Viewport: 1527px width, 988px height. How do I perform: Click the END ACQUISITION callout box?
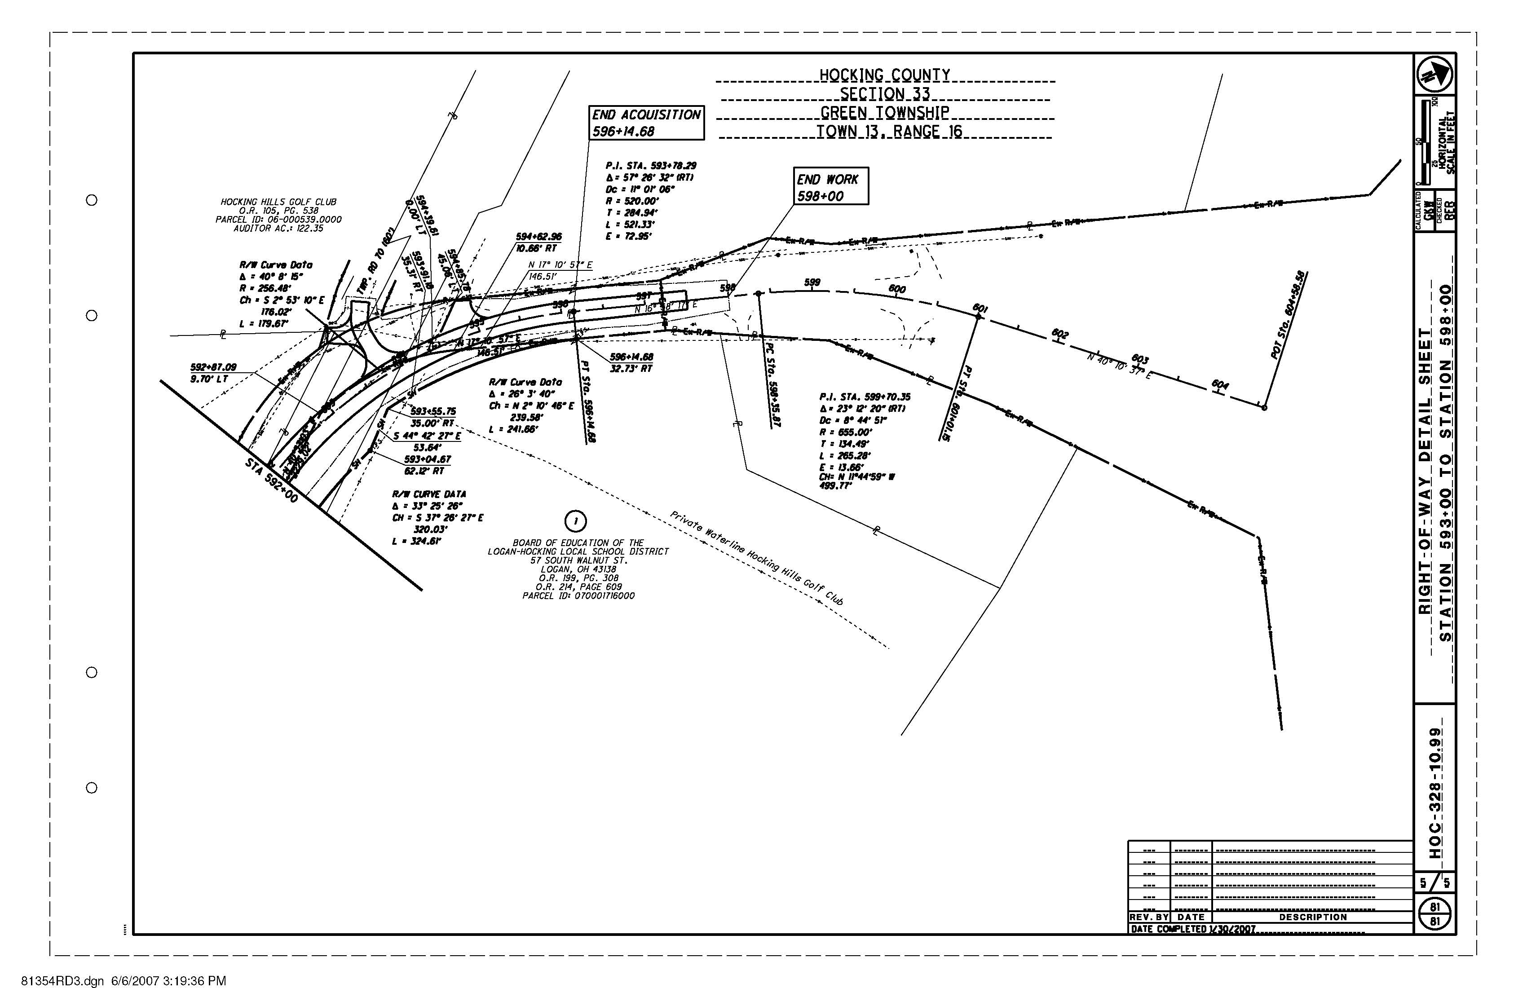tap(646, 123)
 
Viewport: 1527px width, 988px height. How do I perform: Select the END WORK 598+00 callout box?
tap(831, 187)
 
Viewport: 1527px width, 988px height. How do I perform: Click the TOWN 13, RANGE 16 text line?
tap(889, 132)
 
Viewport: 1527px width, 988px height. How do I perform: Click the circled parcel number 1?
tap(575, 521)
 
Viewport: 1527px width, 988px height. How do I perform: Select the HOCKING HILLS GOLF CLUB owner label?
tap(278, 202)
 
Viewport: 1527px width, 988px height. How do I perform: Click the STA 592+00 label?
tap(271, 480)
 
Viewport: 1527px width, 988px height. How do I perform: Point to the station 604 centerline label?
tap(1220, 385)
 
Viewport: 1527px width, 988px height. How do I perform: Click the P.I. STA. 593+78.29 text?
tap(651, 166)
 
